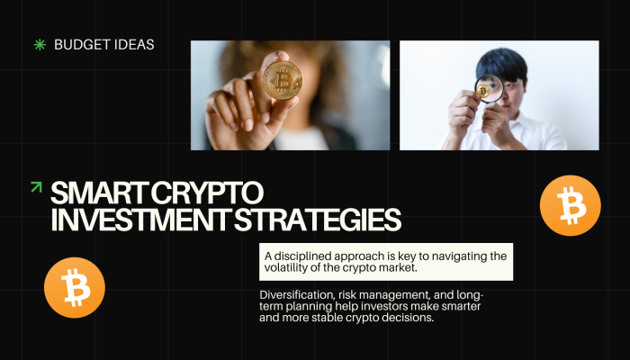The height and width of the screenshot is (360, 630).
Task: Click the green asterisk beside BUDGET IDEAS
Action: coord(39,43)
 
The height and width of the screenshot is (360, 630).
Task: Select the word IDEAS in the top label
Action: coord(131,43)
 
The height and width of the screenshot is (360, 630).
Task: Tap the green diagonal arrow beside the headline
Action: coord(36,187)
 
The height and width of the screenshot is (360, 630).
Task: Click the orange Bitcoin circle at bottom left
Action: coord(75,288)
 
